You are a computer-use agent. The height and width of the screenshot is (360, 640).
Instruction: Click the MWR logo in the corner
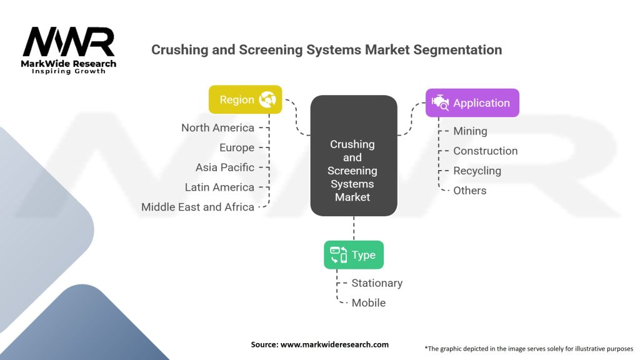point(69,50)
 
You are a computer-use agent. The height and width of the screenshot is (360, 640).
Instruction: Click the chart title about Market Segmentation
point(326,50)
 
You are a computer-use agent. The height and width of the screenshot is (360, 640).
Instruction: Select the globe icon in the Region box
point(267,99)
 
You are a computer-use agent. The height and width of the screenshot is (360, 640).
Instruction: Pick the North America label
point(217,127)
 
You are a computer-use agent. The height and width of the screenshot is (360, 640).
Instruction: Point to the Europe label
point(237,147)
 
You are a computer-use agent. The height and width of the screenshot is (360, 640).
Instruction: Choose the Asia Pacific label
point(225,167)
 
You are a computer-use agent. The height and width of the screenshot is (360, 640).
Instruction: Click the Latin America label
point(219,187)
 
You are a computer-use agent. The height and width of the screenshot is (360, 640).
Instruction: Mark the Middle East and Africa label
point(197,207)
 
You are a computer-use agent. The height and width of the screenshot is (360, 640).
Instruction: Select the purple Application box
point(472,103)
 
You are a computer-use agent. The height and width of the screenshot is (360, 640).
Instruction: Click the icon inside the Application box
point(440,102)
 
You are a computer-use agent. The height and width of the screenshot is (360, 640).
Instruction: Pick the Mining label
point(470,131)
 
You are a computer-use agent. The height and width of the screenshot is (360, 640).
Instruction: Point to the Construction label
point(485,151)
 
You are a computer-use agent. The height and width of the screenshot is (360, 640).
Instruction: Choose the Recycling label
point(477,171)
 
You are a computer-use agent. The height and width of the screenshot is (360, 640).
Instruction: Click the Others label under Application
point(469,191)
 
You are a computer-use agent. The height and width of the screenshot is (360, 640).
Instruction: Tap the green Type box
point(353,255)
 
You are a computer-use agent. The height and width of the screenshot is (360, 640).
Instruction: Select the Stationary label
point(377,283)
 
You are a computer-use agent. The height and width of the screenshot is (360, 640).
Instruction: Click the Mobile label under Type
point(368,303)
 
